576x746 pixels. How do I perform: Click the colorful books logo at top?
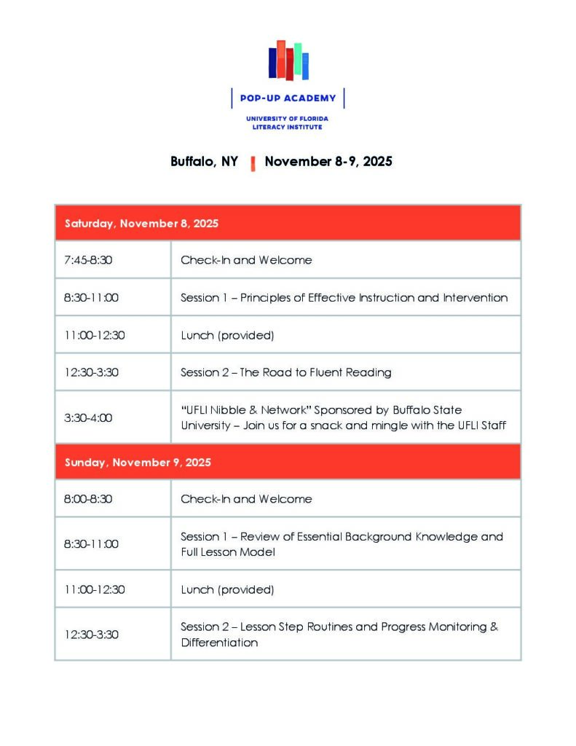pos(288,60)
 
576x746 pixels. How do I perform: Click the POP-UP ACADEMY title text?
pos(288,98)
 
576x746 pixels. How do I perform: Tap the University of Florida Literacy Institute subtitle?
pos(287,122)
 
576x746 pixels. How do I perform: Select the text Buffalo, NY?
pos(204,162)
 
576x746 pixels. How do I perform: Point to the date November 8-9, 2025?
pos(328,162)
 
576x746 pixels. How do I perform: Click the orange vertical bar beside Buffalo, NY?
pos(253,163)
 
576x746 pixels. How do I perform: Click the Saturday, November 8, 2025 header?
pos(142,224)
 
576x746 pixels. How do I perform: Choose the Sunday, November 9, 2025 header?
pos(138,463)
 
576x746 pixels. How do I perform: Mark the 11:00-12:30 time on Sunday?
pos(94,589)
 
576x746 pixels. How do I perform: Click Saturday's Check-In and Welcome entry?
pos(246,260)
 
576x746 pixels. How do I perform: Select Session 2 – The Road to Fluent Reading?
pos(286,372)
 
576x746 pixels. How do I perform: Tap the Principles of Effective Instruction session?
pos(344,297)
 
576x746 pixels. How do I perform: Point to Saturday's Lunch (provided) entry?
pos(227,335)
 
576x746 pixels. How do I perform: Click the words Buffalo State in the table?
pos(427,410)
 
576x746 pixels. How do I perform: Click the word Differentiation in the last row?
pos(219,643)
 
